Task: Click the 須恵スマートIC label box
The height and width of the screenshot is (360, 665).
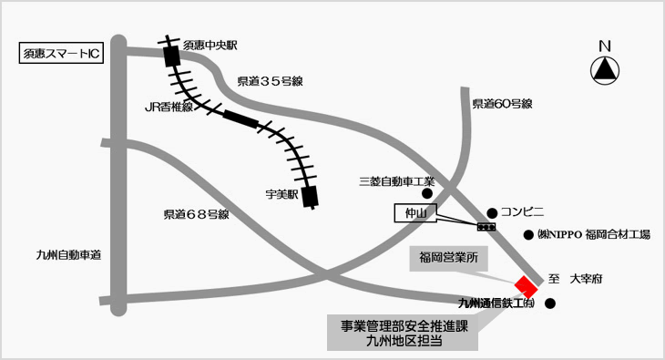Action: pos(61,53)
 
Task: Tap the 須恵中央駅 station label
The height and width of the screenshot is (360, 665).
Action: pos(210,45)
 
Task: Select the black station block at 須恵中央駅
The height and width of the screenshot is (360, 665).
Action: pos(172,57)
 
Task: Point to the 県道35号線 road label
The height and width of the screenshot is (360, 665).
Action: pos(271,81)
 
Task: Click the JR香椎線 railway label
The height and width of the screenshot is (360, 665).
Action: pos(169,107)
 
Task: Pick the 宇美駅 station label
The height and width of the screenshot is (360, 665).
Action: pos(281,194)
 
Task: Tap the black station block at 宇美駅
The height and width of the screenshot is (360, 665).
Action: pos(311,197)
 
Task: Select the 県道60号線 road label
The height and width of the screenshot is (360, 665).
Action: pos(503,104)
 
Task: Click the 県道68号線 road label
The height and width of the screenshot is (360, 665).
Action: pos(197,214)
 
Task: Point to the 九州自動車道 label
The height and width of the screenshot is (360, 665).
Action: pos(68,255)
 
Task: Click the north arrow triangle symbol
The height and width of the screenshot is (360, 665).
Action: pos(605,70)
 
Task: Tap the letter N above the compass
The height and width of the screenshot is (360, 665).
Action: pos(605,46)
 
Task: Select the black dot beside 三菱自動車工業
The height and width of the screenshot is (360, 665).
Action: pos(427,193)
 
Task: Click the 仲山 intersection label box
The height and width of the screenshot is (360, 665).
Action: pos(415,213)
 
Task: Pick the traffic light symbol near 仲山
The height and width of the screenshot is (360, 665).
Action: pos(486,227)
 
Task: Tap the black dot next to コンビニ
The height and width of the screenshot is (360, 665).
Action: pos(492,213)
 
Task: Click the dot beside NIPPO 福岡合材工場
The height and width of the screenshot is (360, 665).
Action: pos(528,235)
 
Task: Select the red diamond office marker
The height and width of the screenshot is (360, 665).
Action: pos(527,287)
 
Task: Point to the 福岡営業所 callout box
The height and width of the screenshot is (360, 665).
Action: pos(448,258)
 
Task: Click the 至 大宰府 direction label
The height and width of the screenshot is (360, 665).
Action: pos(575,279)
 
